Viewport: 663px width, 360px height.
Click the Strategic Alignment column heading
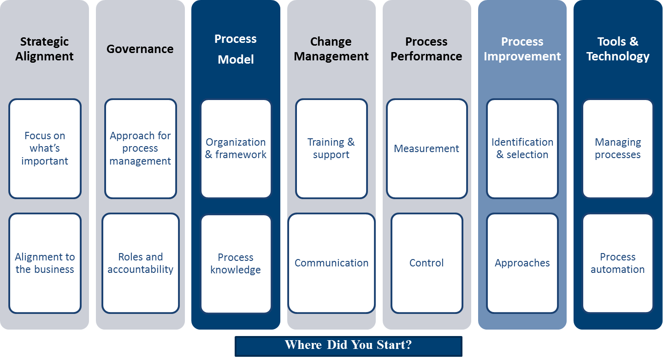coord(44,49)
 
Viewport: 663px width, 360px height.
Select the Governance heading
coord(140,49)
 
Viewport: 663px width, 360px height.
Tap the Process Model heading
coord(236,49)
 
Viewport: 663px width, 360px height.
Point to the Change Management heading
coord(331,49)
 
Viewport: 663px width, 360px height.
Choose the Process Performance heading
coord(426,49)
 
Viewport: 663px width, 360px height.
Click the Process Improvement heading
coord(522,49)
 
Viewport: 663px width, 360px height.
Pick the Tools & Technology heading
coord(618,49)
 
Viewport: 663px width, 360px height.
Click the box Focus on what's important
coord(45,148)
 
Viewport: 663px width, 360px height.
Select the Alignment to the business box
coord(45,263)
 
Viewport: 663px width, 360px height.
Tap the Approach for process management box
coord(141,148)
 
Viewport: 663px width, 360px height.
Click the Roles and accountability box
coord(141,263)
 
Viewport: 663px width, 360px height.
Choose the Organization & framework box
coord(236,148)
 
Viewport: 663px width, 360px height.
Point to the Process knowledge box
coord(236,264)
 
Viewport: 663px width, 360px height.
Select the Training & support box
coord(331,148)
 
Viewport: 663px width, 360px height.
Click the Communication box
coord(331,263)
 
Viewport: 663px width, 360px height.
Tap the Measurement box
coord(427,148)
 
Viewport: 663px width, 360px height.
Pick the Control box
coord(427,263)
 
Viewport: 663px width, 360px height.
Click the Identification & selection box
coord(522,148)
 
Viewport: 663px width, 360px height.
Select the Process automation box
coord(618,263)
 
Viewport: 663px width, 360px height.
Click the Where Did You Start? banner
coord(349,346)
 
